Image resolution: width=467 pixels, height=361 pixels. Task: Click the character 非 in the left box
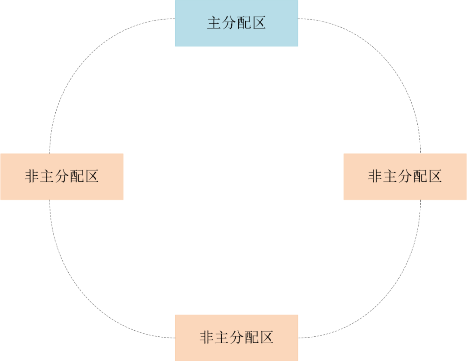(x=32, y=177)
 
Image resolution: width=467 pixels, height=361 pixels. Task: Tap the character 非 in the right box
(x=375, y=177)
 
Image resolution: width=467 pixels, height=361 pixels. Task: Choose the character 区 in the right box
(x=435, y=177)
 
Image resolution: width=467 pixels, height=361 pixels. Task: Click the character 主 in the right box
(x=390, y=177)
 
